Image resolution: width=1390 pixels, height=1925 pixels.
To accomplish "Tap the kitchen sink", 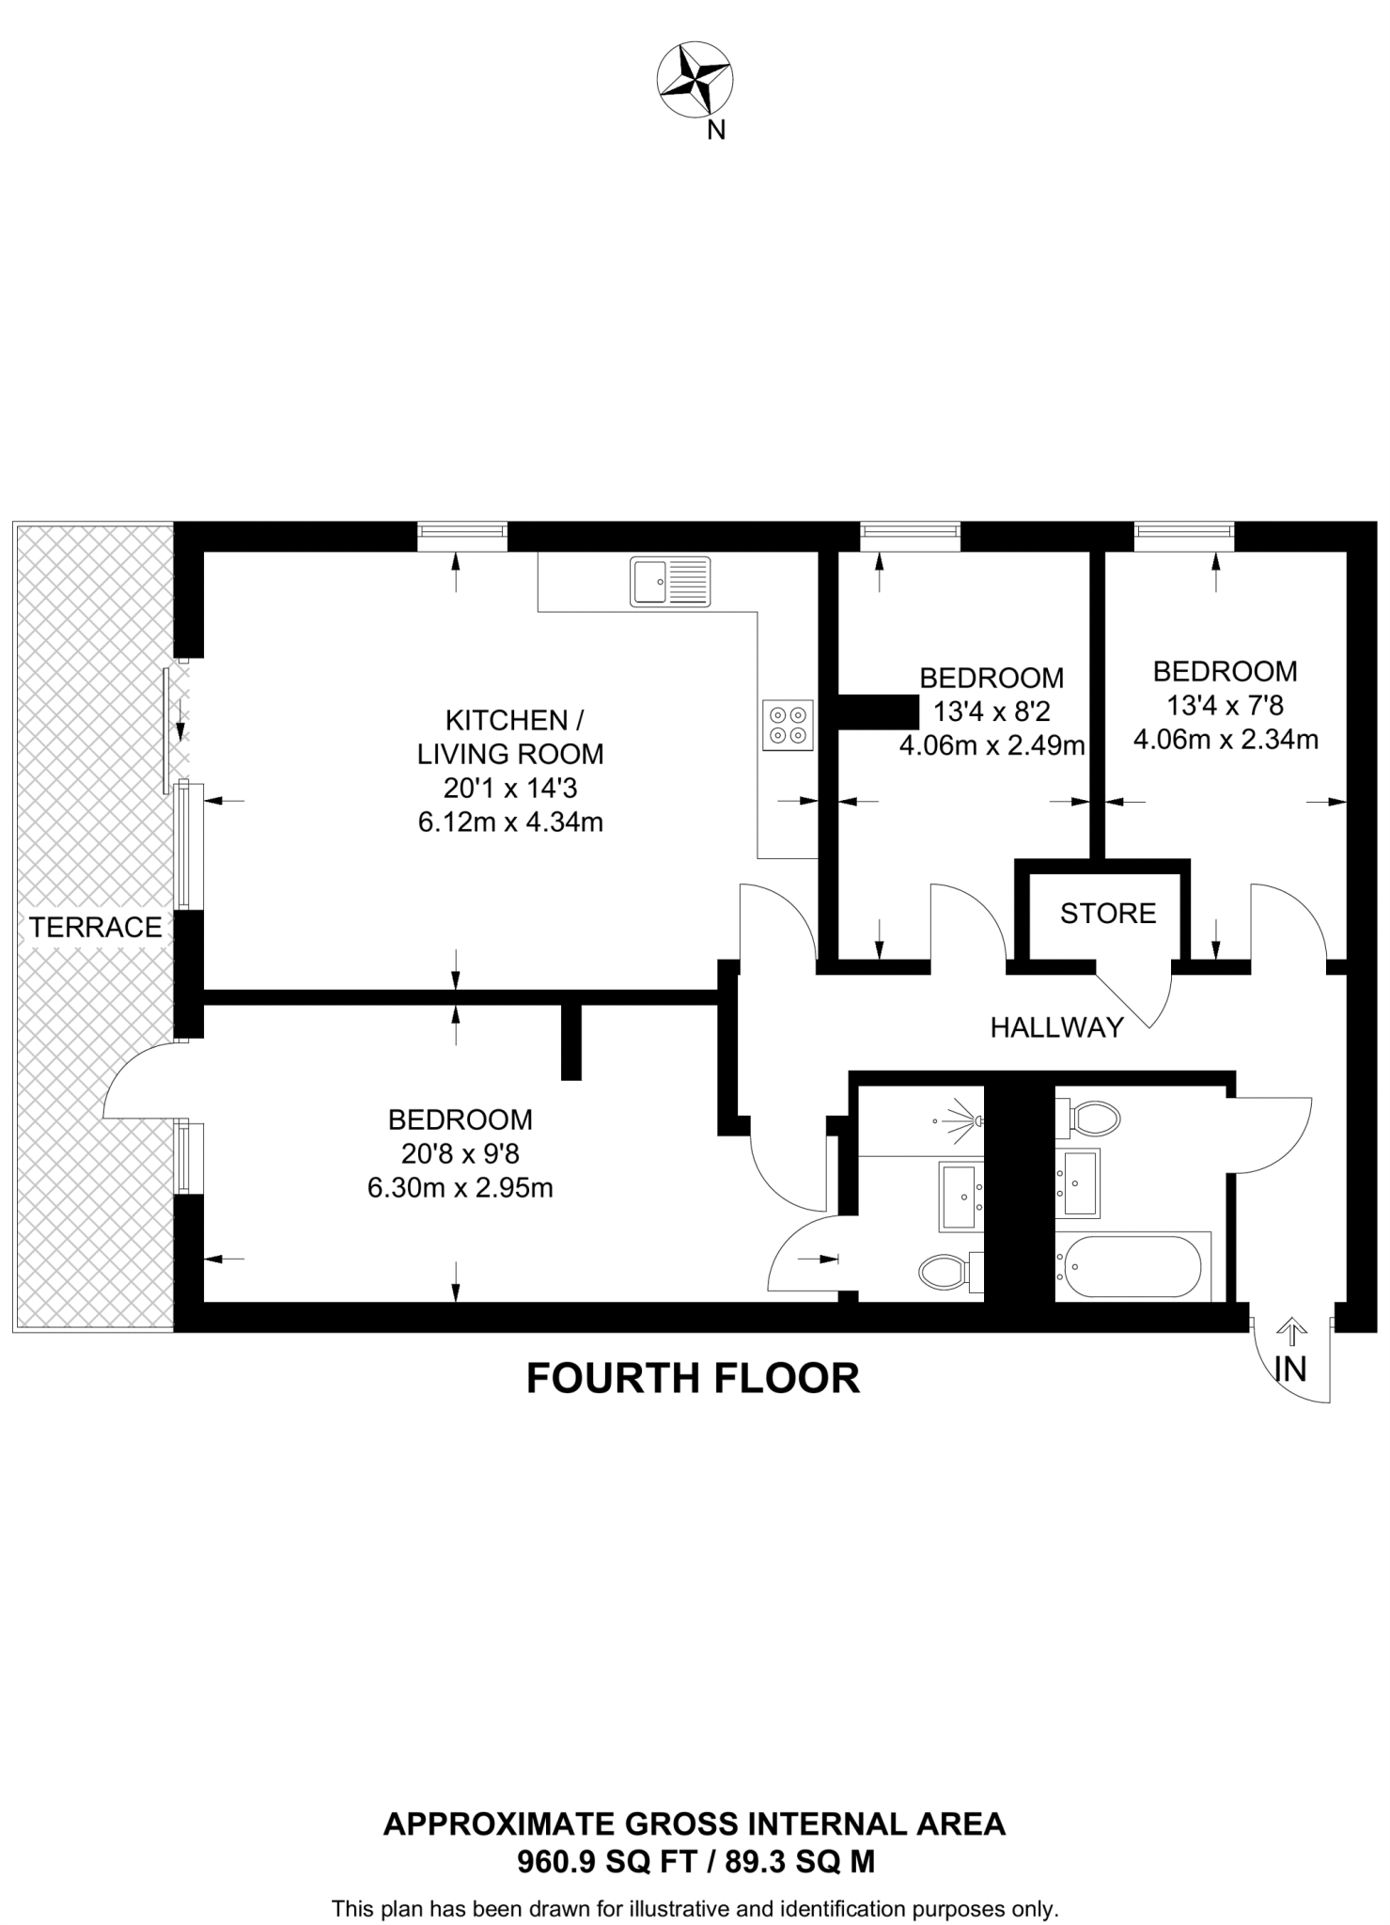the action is point(671,581).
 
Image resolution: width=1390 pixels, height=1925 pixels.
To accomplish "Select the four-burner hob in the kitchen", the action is point(788,725).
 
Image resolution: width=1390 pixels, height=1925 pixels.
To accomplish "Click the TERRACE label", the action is point(95,928).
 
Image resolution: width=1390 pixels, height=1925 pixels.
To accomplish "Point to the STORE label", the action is point(1108,914).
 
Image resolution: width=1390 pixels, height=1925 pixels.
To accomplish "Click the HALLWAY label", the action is point(1057,1027).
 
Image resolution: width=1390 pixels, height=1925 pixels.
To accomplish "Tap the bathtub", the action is point(1129,1266).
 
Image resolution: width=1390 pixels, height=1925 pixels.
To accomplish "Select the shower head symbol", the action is point(959,1120).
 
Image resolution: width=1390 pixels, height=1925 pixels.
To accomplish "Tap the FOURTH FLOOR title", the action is point(694,1379).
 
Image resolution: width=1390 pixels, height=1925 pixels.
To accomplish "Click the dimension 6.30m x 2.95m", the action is point(460,1188).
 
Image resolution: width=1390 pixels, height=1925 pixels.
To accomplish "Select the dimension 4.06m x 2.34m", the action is point(1226,740).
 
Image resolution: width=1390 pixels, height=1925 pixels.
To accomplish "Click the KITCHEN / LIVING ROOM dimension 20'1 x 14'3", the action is point(510,788).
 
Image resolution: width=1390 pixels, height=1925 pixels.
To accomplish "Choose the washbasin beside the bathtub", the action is point(1078,1183).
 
